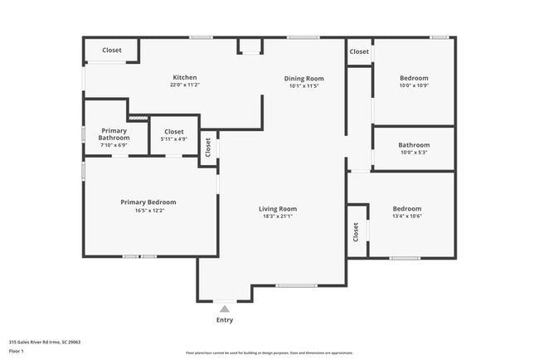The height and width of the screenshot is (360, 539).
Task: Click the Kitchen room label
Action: click(x=184, y=77)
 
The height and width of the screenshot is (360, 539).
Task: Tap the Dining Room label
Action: click(x=304, y=78)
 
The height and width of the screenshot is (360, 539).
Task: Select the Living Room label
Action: click(x=278, y=208)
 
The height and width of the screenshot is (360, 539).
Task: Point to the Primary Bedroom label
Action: click(x=148, y=202)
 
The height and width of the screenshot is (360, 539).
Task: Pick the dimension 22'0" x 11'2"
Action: click(x=184, y=85)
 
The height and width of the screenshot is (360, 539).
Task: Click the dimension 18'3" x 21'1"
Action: click(x=278, y=216)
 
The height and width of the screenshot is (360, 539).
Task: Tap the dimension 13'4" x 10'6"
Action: click(x=407, y=216)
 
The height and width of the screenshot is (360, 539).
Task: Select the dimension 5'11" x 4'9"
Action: click(x=174, y=139)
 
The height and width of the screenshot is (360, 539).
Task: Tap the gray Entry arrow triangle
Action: click(x=224, y=309)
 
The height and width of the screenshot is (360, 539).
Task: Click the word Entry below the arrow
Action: click(x=225, y=319)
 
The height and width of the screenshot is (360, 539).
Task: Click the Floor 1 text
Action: click(x=17, y=351)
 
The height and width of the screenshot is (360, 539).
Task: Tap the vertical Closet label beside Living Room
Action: click(x=208, y=147)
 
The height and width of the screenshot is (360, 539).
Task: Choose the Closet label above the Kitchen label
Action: click(x=112, y=51)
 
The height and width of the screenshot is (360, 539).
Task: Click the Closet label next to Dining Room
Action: click(x=359, y=51)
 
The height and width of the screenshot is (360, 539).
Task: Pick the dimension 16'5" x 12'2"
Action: click(x=148, y=210)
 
